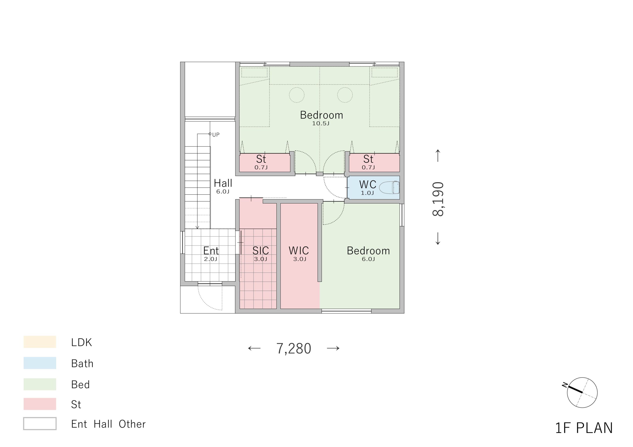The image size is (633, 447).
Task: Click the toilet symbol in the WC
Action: tap(389, 188)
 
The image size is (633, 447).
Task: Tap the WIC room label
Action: tap(299, 250)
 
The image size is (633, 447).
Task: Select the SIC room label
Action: tap(261, 250)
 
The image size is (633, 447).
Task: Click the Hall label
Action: tap(223, 183)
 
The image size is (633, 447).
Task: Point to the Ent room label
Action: tap(211, 250)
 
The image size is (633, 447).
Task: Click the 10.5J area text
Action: tap(321, 123)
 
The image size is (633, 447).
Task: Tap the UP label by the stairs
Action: tap(216, 135)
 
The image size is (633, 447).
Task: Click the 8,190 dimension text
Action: tap(438, 199)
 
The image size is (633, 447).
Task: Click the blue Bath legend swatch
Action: tap(40, 363)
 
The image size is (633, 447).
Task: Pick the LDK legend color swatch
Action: tap(40, 342)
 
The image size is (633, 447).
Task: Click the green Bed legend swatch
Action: tap(40, 384)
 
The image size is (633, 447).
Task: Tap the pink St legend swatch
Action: tap(40, 404)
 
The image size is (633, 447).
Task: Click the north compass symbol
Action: tap(582, 392)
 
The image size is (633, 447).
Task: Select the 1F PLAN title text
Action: tap(584, 428)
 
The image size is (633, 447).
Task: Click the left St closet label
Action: tap(261, 159)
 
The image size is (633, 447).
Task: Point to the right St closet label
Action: tap(368, 159)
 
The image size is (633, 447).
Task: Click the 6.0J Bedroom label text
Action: tap(368, 259)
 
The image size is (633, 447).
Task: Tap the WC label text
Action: tap(368, 184)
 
